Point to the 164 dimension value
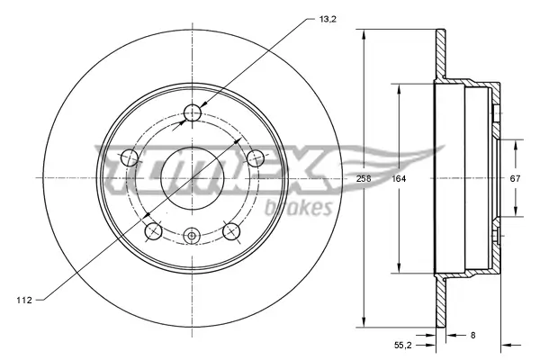[x=397, y=179]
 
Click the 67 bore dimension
[x=515, y=178]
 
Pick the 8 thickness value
[x=473, y=335]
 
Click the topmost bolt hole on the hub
[x=192, y=112]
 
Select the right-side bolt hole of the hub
[x=256, y=159]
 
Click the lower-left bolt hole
[x=152, y=232]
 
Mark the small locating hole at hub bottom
[x=191, y=237]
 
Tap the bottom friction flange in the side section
[x=440, y=301]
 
